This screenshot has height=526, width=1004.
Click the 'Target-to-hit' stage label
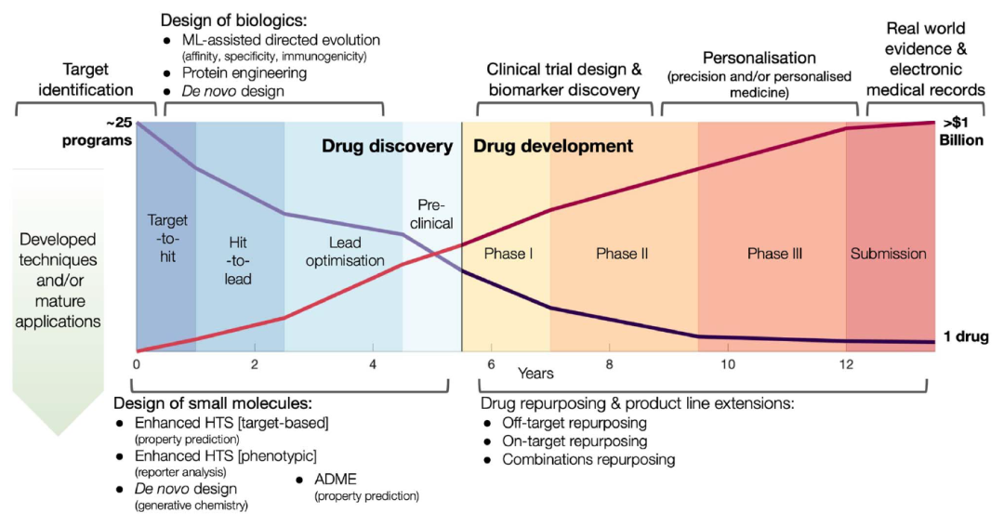pyautogui.click(x=167, y=238)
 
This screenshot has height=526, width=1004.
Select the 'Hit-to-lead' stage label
pyautogui.click(x=238, y=260)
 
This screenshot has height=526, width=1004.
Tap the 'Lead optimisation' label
pyautogui.click(x=345, y=252)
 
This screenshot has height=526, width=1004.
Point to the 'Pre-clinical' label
pyautogui.click(x=431, y=214)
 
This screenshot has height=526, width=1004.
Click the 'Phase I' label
pyautogui.click(x=509, y=254)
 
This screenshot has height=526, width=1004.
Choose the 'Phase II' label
pyautogui.click(x=622, y=254)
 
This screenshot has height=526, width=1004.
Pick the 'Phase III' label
pyautogui.click(x=774, y=254)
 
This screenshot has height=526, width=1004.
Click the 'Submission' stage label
pyautogui.click(x=888, y=254)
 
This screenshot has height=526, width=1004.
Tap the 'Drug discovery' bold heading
pyautogui.click(x=388, y=146)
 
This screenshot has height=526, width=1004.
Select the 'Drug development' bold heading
pyautogui.click(x=553, y=146)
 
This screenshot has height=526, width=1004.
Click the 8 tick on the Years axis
pyautogui.click(x=609, y=364)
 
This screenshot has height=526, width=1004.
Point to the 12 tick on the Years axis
pyautogui.click(x=846, y=364)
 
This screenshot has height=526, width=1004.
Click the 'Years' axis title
pyautogui.click(x=535, y=373)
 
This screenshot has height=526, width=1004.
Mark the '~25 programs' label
pyautogui.click(x=98, y=131)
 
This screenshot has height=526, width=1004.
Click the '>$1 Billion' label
pyautogui.click(x=961, y=131)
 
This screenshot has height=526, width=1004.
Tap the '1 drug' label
pyautogui.click(x=966, y=335)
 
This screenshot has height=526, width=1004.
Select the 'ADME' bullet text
pyautogui.click(x=336, y=480)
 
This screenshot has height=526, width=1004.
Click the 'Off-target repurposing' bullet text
pyautogui.click(x=575, y=423)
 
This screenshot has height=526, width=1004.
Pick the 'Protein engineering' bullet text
pyautogui.click(x=244, y=72)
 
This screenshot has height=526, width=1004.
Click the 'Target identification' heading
pyautogui.click(x=86, y=79)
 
